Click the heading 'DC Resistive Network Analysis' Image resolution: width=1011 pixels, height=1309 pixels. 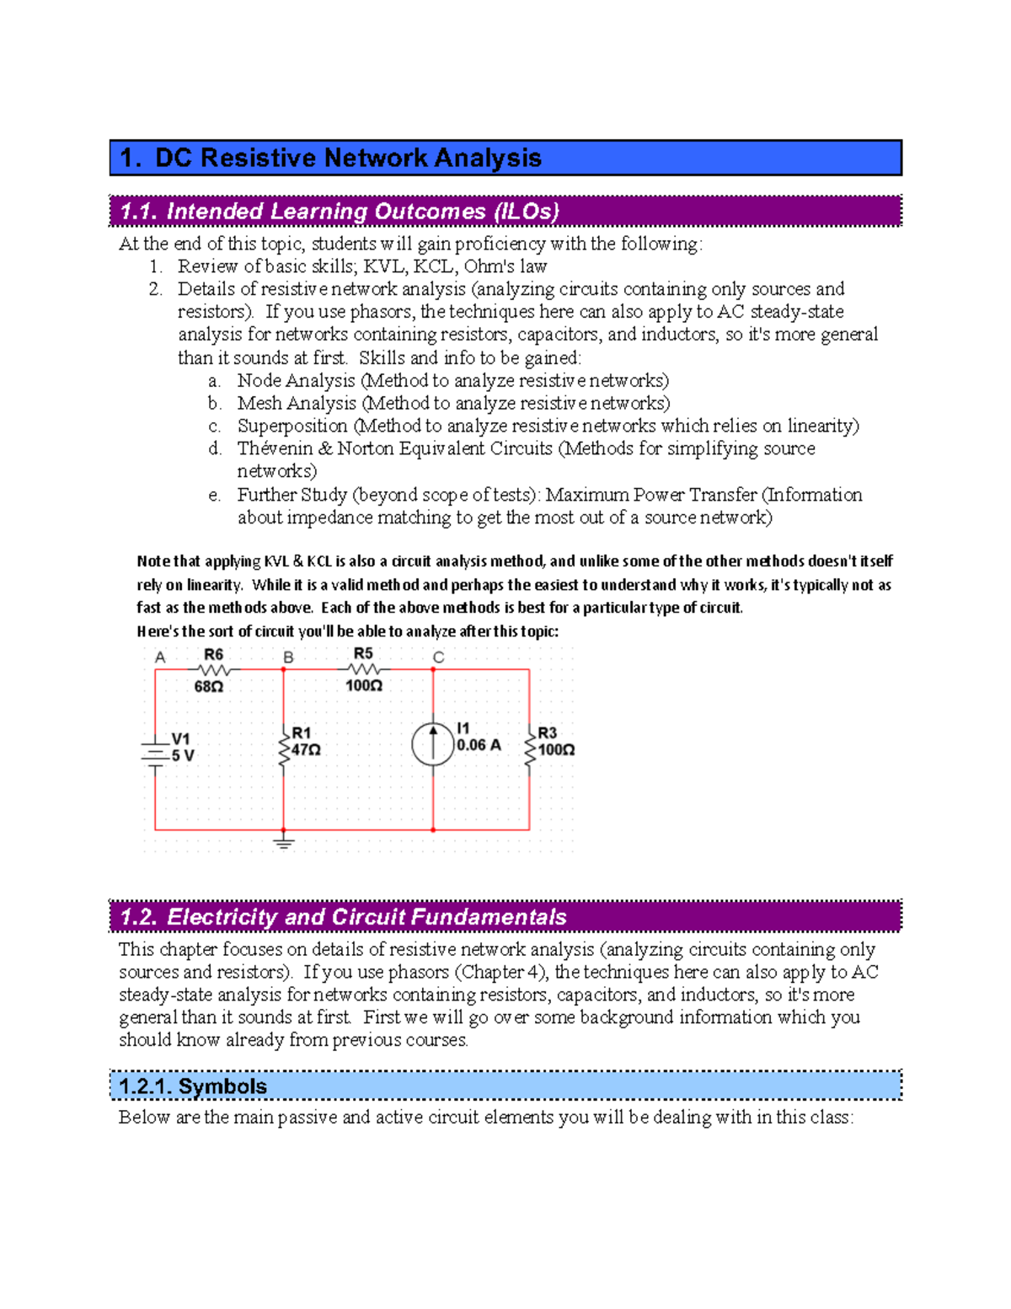pyautogui.click(x=347, y=158)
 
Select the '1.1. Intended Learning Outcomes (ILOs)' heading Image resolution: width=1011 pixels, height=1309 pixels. pyautogui.click(x=340, y=212)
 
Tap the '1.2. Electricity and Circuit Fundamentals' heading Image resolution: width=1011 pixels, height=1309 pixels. pyautogui.click(x=343, y=917)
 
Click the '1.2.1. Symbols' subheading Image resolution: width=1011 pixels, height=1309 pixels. pyautogui.click(x=193, y=1086)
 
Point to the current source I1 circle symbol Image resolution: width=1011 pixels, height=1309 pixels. pyautogui.click(x=433, y=743)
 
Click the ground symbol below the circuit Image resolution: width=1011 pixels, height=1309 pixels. pyautogui.click(x=284, y=841)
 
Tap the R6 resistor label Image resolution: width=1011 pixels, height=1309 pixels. pyautogui.click(x=213, y=655)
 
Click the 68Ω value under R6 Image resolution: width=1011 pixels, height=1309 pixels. pyautogui.click(x=209, y=687)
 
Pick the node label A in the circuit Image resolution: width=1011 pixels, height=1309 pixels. pyautogui.click(x=160, y=657)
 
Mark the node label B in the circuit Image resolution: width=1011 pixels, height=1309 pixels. pyautogui.click(x=288, y=657)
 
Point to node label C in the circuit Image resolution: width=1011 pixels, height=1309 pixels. pyautogui.click(x=438, y=657)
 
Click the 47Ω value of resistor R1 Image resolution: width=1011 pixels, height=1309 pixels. pyautogui.click(x=306, y=749)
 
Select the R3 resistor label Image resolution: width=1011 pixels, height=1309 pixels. pyautogui.click(x=548, y=733)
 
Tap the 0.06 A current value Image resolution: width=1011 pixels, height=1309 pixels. pyautogui.click(x=479, y=745)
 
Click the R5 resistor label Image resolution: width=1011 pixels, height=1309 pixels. pyautogui.click(x=363, y=654)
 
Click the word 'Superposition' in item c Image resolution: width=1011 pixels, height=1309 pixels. pyautogui.click(x=292, y=426)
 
